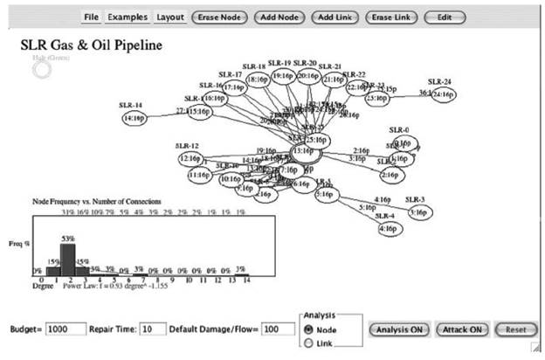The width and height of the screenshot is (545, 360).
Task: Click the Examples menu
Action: coord(128,17)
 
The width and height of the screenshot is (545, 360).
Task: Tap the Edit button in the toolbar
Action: coord(445,17)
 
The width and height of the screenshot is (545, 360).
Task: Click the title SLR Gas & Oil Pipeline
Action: coord(92,44)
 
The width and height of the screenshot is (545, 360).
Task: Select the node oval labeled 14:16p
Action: coord(135,117)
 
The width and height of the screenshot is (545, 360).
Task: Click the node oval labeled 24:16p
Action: coord(443,93)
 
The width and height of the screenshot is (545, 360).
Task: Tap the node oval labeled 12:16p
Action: coord(189,159)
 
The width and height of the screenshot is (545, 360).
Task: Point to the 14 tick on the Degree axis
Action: coord(247,280)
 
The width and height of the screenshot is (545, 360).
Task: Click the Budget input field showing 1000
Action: coord(66,329)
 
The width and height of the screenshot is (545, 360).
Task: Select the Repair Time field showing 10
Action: coord(153,329)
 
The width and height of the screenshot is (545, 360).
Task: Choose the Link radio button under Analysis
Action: coord(310,343)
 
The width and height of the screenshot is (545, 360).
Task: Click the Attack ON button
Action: coord(459,329)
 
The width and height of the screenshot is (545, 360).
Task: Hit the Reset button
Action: coord(511,329)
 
